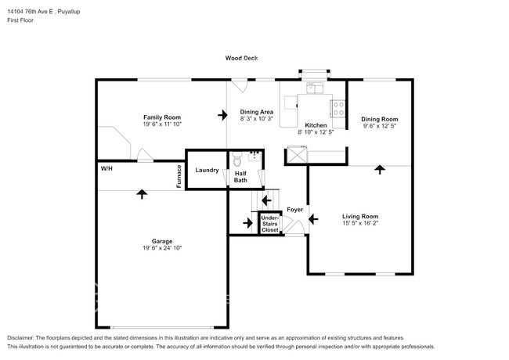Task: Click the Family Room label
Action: (x=162, y=117)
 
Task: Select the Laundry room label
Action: (x=207, y=170)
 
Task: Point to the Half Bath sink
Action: (x=254, y=155)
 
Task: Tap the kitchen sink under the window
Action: (x=316, y=87)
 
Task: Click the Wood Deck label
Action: (x=241, y=58)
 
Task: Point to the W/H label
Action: (x=106, y=168)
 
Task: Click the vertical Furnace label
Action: (x=179, y=176)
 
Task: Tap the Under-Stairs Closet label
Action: (x=269, y=224)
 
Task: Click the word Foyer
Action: (x=294, y=210)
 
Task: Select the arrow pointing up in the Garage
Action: (x=142, y=193)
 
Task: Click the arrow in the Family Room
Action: (x=222, y=116)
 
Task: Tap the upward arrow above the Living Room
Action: (x=380, y=169)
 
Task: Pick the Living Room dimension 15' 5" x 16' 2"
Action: (x=359, y=223)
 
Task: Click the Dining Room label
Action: (x=380, y=118)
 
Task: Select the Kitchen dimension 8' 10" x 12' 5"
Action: (x=316, y=132)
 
